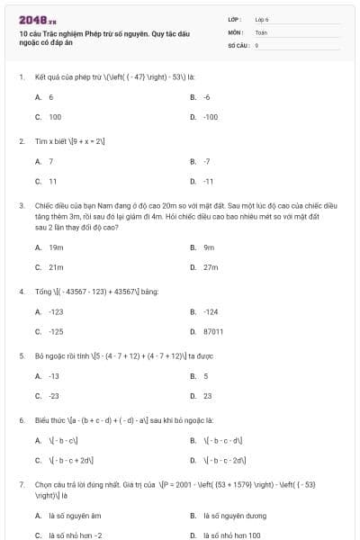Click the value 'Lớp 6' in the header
tap(262, 18)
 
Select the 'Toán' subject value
tap(261, 31)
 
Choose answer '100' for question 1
tap(55, 117)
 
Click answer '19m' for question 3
tap(56, 247)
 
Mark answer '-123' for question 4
tap(57, 311)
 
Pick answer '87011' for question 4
tap(213, 332)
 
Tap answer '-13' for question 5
tap(54, 376)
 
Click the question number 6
tap(21, 420)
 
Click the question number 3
tap(21, 205)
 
